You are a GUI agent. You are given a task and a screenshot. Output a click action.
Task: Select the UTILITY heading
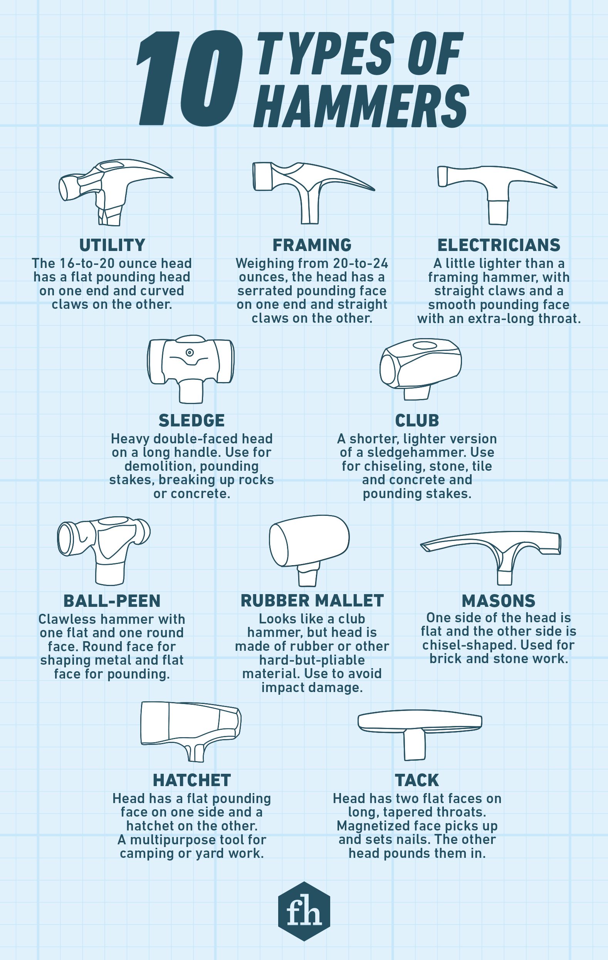112,245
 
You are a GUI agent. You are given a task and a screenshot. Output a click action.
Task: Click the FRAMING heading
312,245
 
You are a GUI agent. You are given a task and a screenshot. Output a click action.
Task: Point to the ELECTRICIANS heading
499,245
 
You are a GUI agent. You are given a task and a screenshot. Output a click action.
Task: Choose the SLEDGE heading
191,420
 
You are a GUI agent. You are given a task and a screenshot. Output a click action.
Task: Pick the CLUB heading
417,420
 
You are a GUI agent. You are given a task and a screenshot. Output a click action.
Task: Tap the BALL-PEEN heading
112,600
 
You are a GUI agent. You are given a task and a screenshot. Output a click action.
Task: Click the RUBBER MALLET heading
312,600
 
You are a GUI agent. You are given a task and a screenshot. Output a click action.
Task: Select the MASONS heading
499,600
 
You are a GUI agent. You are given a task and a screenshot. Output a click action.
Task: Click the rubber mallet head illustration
309,540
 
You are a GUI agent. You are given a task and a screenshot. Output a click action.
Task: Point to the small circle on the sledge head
190,352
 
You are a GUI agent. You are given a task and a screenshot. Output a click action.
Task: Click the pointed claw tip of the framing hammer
372,189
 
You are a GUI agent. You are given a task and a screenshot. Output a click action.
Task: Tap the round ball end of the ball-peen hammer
143,532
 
